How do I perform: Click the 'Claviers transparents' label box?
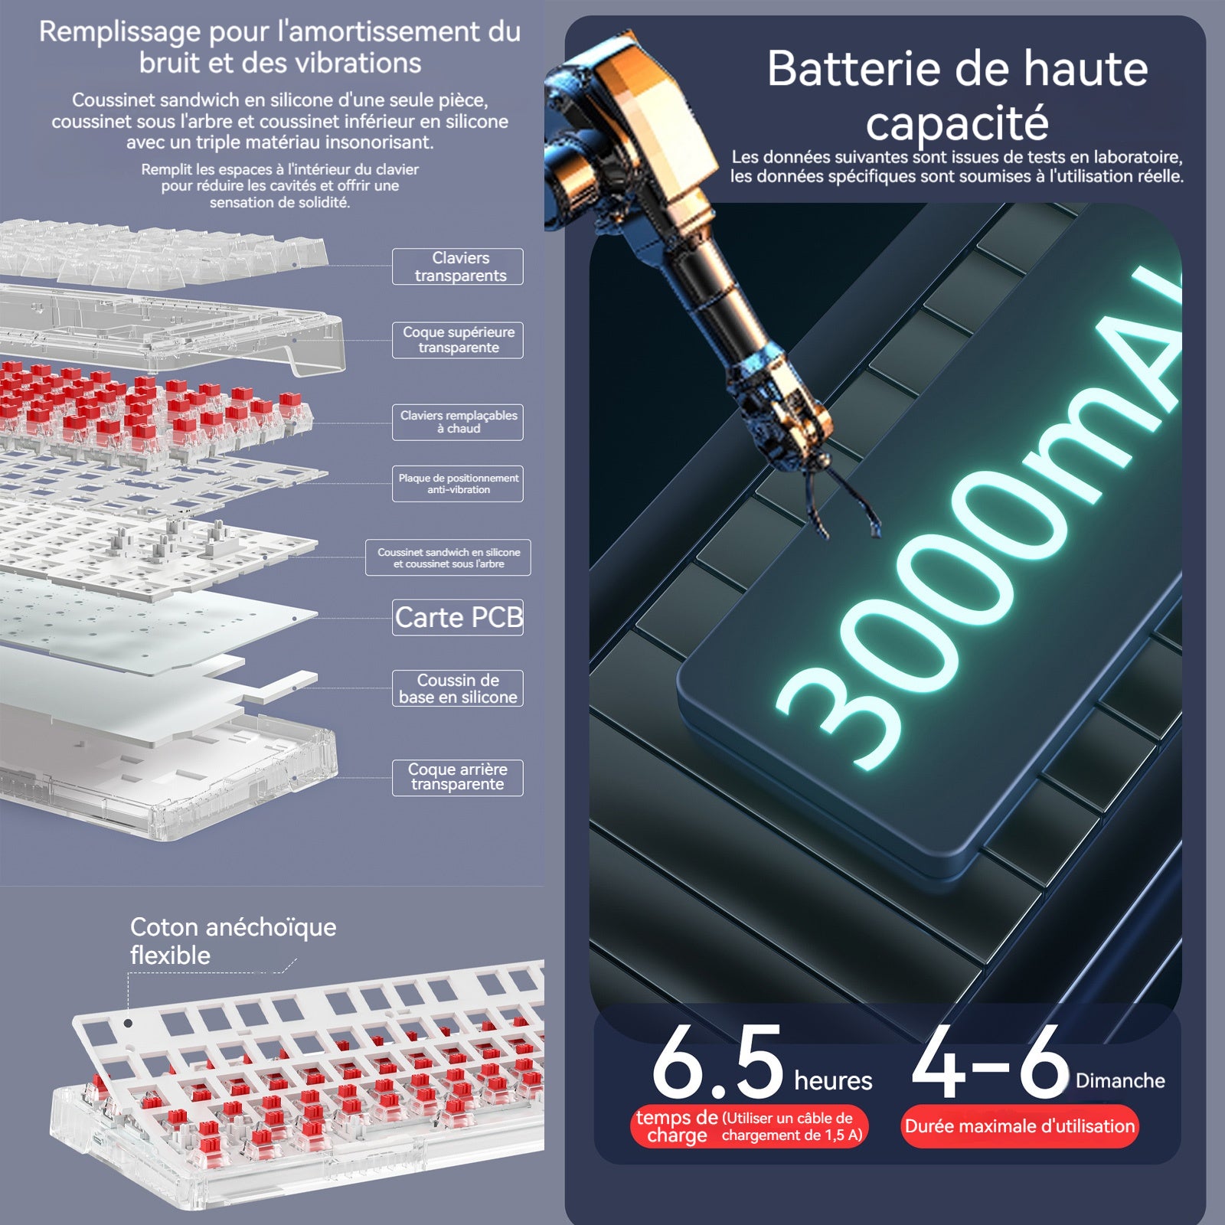(458, 266)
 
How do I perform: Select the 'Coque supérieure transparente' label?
(458, 340)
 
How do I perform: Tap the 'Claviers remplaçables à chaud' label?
(458, 422)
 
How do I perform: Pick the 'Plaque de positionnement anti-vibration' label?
(458, 484)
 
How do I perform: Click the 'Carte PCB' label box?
(458, 617)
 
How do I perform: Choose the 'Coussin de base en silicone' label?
(458, 688)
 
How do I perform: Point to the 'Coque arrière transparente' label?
(458, 777)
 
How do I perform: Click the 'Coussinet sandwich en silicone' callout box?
(448, 557)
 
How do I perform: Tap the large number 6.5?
(717, 1063)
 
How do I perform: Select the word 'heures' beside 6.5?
(833, 1080)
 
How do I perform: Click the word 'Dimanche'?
(1120, 1081)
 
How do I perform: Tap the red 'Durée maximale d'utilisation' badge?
(1019, 1126)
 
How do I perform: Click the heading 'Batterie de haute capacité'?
(957, 95)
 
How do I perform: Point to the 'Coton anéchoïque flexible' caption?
(233, 941)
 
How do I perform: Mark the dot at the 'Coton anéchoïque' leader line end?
(129, 1023)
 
